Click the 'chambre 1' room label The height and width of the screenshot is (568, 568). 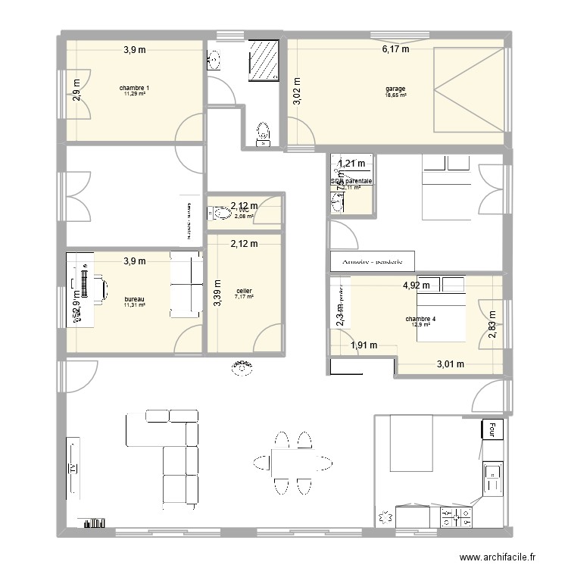(134, 89)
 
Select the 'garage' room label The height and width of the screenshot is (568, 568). (395, 89)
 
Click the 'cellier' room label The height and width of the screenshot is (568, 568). (244, 291)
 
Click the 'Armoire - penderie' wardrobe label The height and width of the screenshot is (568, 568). (373, 262)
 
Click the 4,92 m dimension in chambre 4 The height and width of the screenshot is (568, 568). (416, 286)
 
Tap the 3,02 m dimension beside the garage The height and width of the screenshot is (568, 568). (297, 90)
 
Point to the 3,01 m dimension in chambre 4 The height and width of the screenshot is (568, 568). (450, 365)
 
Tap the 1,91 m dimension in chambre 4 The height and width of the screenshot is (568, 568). (364, 346)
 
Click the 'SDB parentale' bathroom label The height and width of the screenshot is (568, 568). (351, 182)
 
